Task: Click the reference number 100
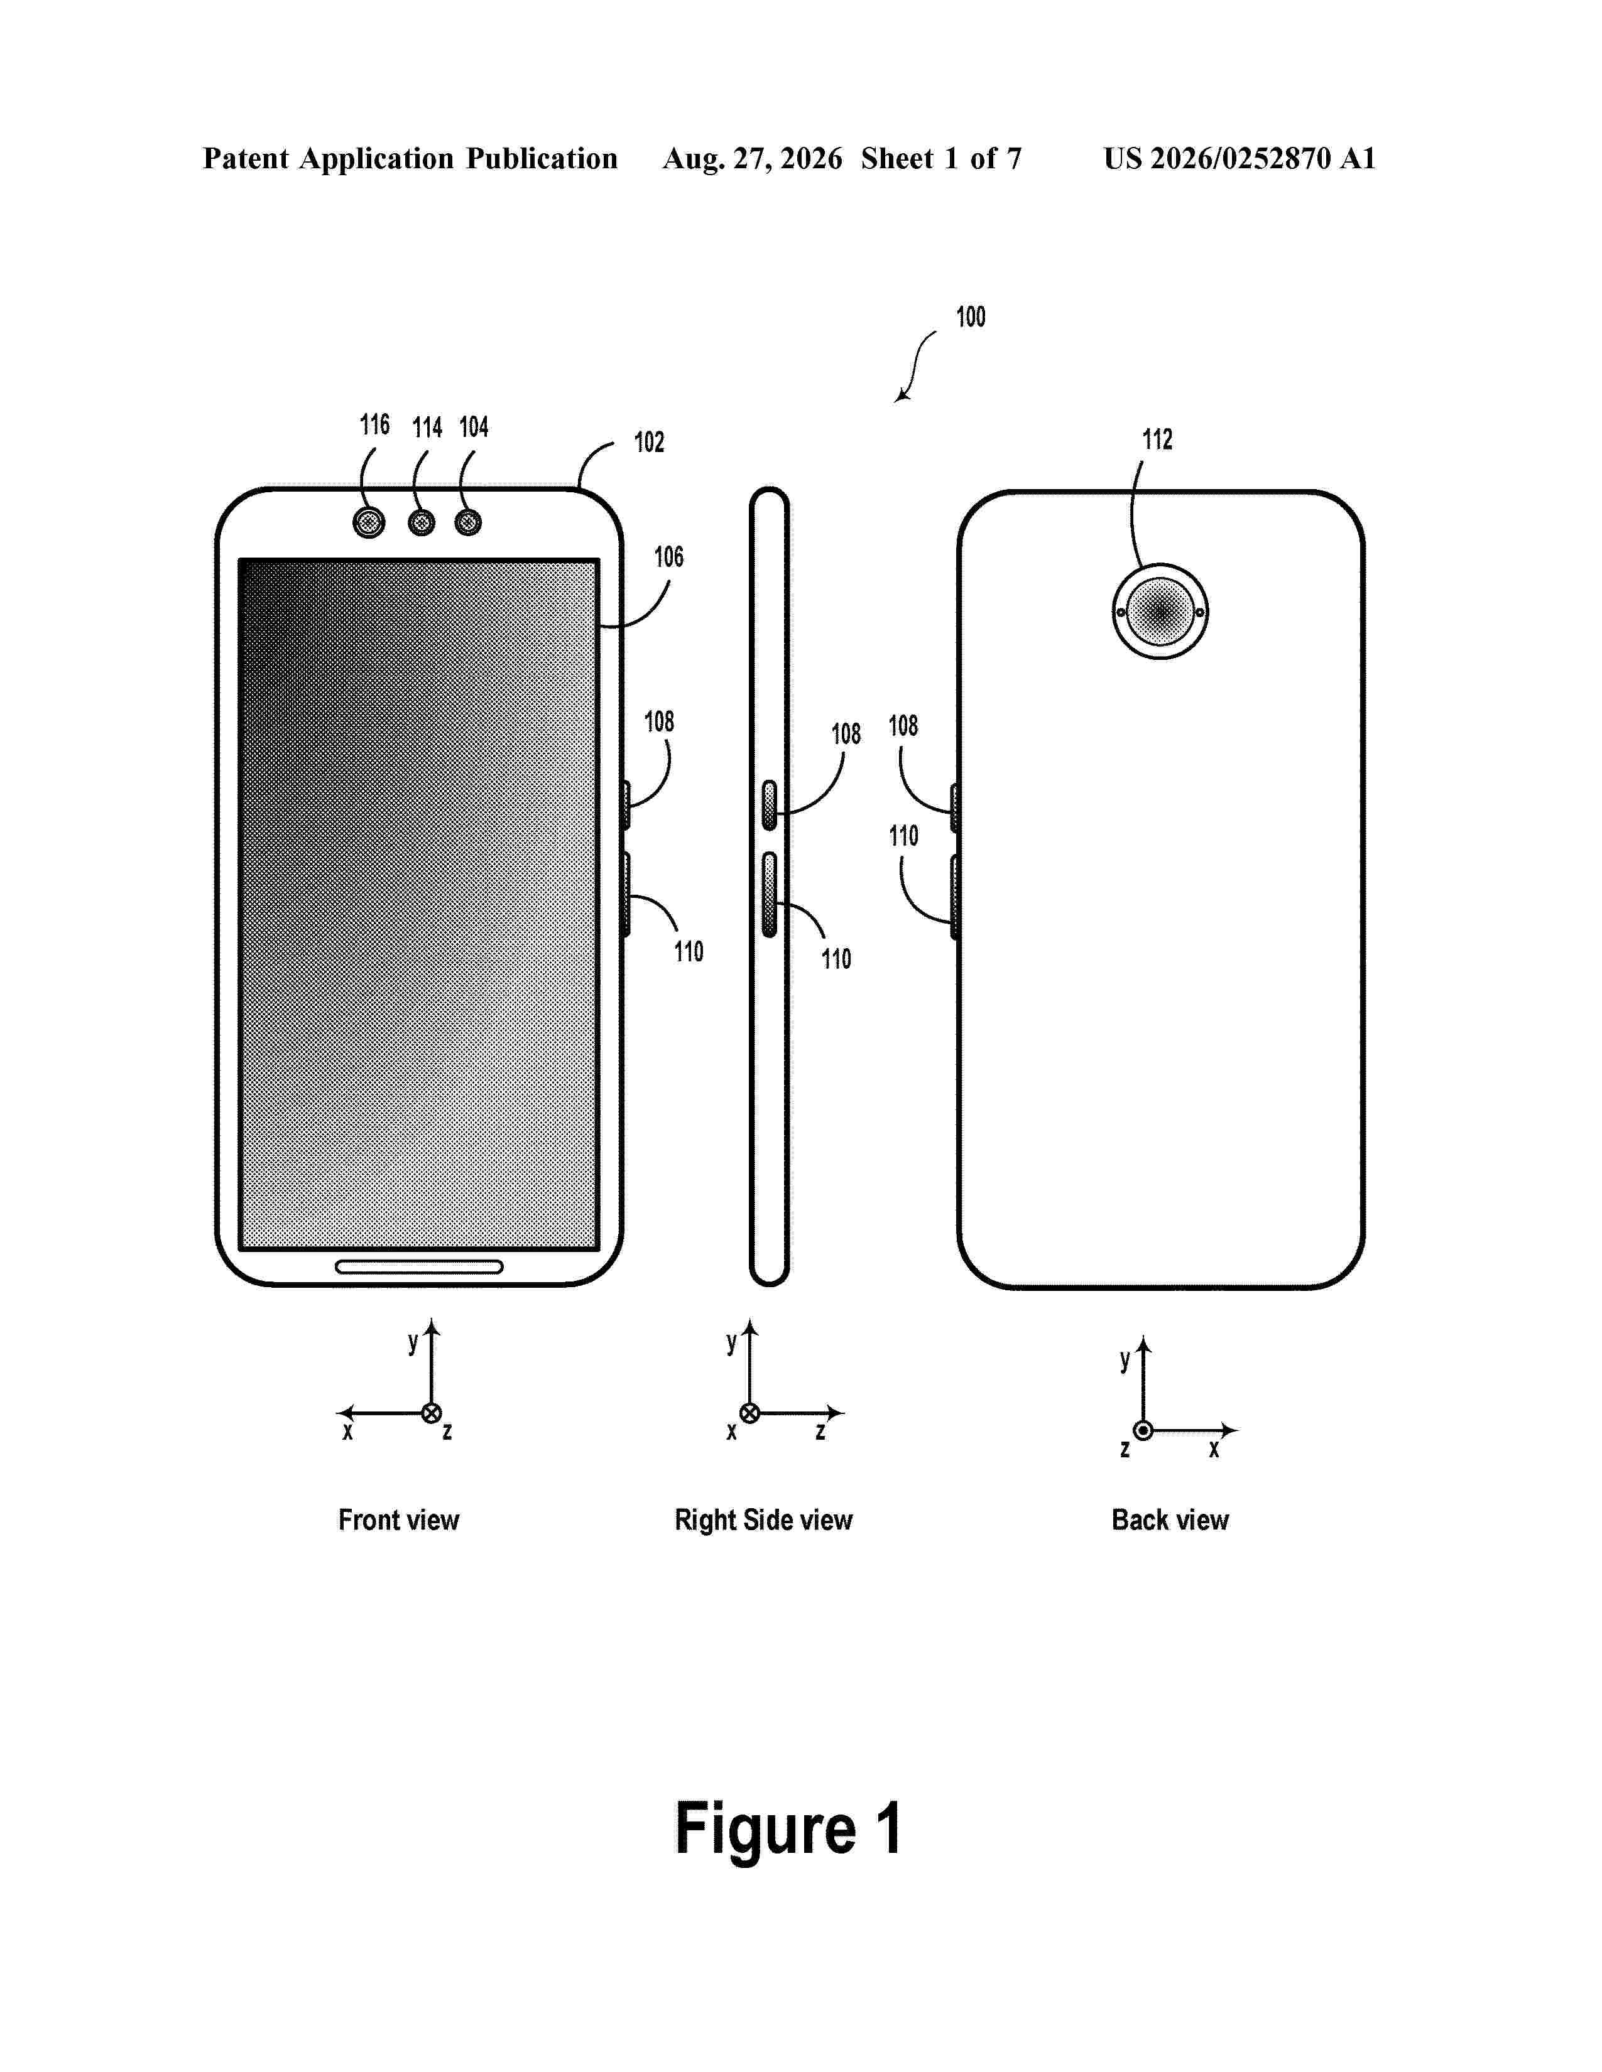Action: [970, 317]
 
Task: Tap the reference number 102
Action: [649, 442]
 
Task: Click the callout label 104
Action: [474, 427]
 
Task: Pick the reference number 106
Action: [669, 557]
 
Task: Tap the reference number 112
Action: [1157, 440]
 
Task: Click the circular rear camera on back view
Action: [1160, 612]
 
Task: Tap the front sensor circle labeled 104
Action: [468, 522]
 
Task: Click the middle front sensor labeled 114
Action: [422, 522]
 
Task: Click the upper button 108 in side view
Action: [770, 804]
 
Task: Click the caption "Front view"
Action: [398, 1520]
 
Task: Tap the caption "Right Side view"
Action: [764, 1520]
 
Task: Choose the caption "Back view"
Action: [1170, 1520]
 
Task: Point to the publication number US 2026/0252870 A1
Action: [1240, 158]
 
